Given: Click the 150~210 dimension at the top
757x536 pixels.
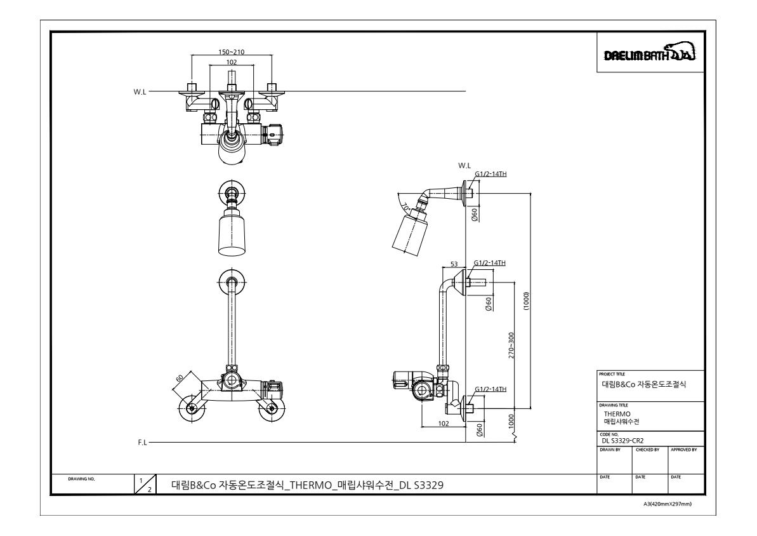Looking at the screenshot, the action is [231, 51].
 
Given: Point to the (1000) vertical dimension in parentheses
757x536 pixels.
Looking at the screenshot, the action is [526, 301].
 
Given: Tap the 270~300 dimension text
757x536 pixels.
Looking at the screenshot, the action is [511, 345].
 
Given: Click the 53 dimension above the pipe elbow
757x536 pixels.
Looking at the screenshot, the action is [454, 264].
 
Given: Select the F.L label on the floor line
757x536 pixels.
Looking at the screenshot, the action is [142, 442].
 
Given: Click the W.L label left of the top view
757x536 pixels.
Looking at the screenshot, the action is [140, 92].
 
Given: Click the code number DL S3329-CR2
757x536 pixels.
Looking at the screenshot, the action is [622, 441].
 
